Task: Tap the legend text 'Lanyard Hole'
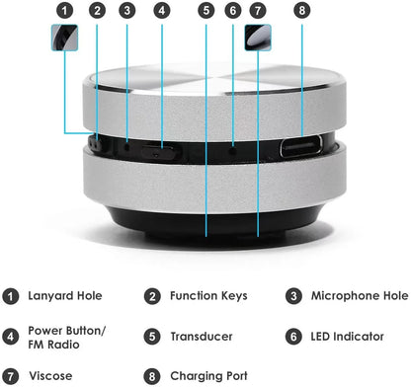65,295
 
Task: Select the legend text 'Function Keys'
207,295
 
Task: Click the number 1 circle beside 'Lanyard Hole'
11,295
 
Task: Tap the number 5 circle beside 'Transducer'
153,337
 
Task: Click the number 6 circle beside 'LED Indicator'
294,337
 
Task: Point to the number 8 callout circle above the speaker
302,11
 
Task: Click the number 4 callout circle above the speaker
161,11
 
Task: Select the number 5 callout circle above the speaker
205,11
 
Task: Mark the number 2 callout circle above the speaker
97,11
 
